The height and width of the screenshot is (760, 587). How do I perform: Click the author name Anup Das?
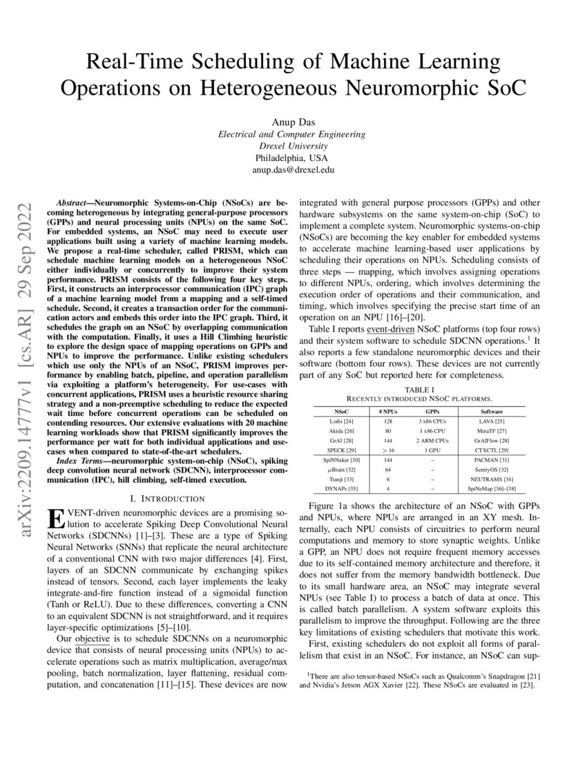[293, 122]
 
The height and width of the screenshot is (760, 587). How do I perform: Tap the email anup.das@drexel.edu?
[293, 169]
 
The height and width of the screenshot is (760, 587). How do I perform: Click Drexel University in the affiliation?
[293, 146]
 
